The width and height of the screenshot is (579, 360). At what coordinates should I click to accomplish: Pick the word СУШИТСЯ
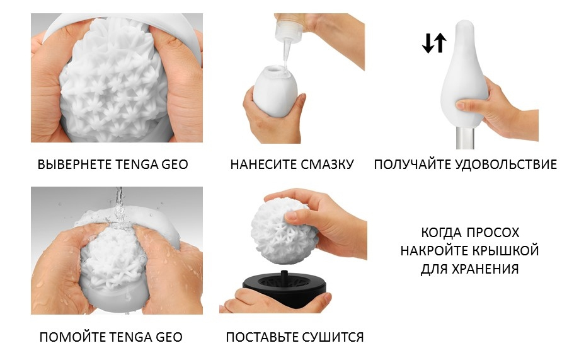point(332,337)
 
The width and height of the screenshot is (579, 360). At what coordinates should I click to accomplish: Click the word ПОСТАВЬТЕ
point(262,337)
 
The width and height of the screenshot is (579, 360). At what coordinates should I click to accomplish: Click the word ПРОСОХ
point(493,233)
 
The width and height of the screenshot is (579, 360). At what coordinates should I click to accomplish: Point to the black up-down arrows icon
point(434,42)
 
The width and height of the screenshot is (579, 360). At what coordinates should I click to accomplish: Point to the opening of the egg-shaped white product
point(276,70)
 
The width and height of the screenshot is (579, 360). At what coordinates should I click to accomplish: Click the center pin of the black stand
point(284,276)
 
